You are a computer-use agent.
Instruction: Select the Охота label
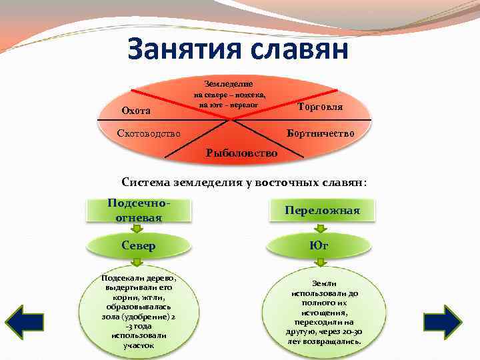137,110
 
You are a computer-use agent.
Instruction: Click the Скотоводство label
148,133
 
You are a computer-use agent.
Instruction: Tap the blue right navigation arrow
443,321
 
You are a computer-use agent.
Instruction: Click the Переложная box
322,211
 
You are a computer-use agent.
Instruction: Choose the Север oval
139,245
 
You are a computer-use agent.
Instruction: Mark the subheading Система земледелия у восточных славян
244,182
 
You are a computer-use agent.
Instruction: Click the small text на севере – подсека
231,95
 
